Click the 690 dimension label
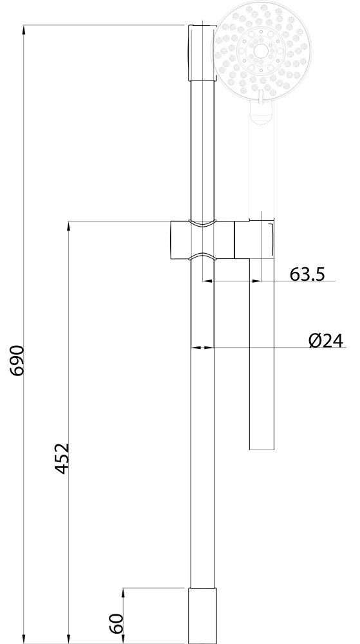tap(19, 361)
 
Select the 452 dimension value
tap(62, 459)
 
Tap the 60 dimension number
tap(117, 624)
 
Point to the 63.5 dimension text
tap(307, 274)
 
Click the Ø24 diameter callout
tap(325, 341)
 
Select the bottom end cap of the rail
tap(203, 616)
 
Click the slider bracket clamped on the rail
tap(202, 240)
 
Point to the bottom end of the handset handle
tap(262, 450)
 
